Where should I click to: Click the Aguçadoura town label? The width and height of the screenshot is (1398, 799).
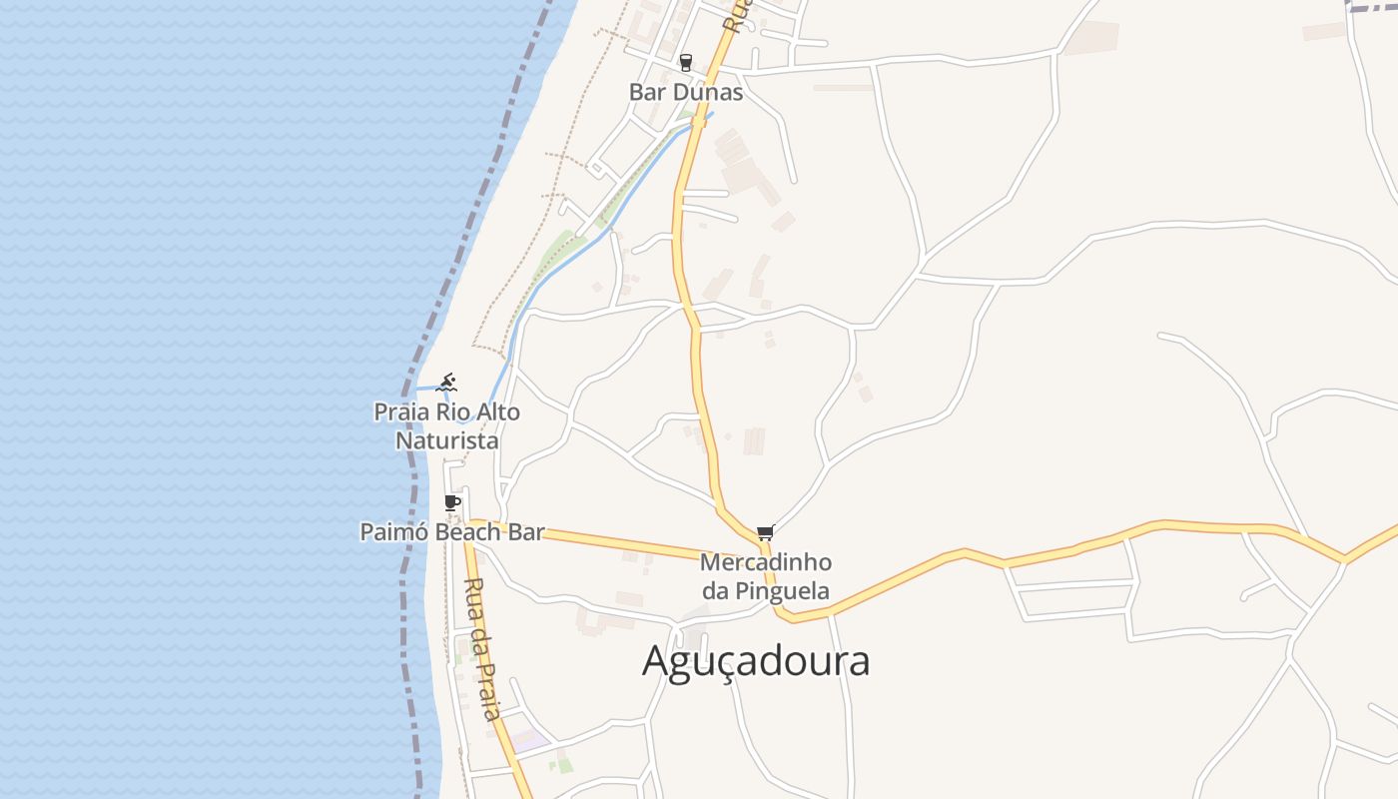pos(756,661)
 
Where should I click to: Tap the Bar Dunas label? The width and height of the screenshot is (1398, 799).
pos(686,92)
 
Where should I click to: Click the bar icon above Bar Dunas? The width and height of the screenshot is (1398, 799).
pos(685,62)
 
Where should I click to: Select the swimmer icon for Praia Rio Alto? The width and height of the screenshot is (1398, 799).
pos(447,383)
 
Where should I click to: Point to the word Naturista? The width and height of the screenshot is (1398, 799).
pos(446,440)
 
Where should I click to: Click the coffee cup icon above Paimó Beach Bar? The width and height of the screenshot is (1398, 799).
pos(451,502)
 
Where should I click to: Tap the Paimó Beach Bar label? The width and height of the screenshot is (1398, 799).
pos(452,531)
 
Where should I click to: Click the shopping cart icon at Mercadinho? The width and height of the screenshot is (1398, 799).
pos(765,533)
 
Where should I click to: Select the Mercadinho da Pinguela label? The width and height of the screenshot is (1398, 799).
pos(766,576)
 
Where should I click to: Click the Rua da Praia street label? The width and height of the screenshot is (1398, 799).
pos(481,649)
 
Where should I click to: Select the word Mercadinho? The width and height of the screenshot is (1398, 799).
pos(766,563)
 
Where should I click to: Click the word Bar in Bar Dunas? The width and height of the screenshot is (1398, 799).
pos(647,92)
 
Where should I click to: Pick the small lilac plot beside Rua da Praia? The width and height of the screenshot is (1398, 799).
pos(529,740)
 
